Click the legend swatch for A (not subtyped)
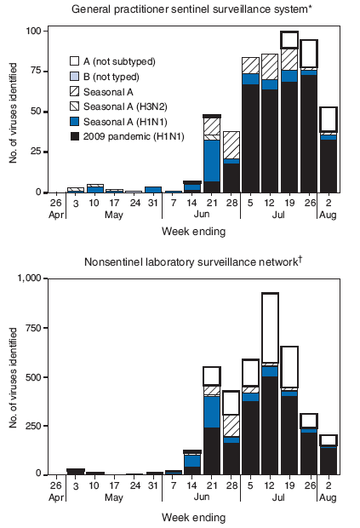pos(75,61)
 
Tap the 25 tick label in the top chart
pos(35,152)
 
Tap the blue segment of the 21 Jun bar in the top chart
pos(212,161)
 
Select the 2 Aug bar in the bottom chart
pos(328,456)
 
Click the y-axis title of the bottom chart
pos(11,375)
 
